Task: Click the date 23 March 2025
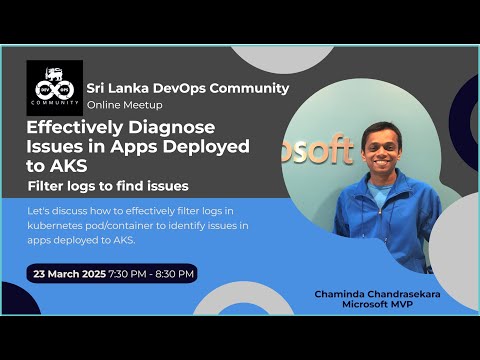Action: coord(69,273)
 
